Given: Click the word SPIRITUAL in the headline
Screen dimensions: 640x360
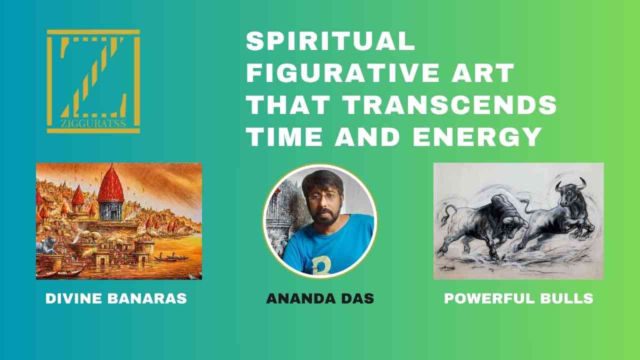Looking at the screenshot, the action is pyautogui.click(x=330, y=41).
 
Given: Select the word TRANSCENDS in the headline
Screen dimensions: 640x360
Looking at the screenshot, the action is pyautogui.click(x=450, y=105).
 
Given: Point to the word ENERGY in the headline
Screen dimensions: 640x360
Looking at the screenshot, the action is pyautogui.click(x=477, y=137).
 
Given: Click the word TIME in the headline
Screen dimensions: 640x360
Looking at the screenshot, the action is pyautogui.click(x=284, y=137).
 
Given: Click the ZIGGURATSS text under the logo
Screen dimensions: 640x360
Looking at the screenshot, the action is pyautogui.click(x=93, y=123).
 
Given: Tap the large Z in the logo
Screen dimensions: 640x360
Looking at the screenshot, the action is pyautogui.click(x=93, y=77).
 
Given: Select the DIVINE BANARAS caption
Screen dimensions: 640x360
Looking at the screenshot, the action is pyautogui.click(x=116, y=298).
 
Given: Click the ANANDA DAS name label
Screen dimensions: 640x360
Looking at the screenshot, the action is pyautogui.click(x=320, y=298).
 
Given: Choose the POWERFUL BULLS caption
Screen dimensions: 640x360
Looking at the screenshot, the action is pyautogui.click(x=518, y=298).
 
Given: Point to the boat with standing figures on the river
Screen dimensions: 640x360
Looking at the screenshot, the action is pyautogui.click(x=171, y=257).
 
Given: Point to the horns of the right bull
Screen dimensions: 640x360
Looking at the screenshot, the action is pyautogui.click(x=570, y=184).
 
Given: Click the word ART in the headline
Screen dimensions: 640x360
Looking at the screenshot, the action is pyautogui.click(x=483, y=73).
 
